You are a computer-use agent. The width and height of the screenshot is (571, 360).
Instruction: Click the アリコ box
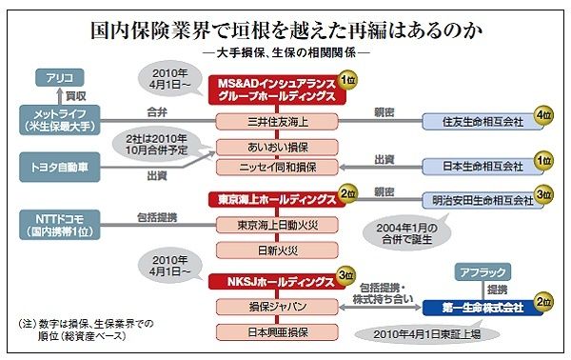(60, 77)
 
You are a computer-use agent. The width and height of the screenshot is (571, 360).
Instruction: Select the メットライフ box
(60, 120)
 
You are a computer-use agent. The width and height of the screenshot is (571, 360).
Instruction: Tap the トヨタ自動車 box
(60, 168)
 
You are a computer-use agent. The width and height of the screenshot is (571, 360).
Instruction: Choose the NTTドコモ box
(60, 225)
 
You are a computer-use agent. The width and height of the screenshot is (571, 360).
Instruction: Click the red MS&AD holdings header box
(277, 90)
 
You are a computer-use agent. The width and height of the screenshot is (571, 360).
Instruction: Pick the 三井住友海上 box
(277, 121)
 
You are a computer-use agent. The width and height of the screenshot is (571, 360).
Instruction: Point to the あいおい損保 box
(277, 148)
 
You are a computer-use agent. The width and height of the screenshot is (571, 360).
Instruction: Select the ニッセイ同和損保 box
(277, 168)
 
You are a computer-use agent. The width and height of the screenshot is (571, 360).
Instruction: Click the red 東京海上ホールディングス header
(277, 200)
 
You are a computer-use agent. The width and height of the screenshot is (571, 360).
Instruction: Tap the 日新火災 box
(277, 250)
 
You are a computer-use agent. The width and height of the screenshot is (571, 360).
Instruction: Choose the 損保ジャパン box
(277, 307)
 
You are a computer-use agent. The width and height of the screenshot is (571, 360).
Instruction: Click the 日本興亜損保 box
(277, 332)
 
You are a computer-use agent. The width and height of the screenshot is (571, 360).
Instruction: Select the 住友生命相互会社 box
(482, 121)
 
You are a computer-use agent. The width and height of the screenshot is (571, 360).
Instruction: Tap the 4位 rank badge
(543, 115)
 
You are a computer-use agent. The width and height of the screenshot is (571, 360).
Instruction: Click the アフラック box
(482, 272)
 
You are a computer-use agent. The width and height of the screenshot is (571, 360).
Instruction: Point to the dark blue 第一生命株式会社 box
(482, 308)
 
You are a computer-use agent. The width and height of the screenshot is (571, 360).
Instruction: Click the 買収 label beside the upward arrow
(76, 96)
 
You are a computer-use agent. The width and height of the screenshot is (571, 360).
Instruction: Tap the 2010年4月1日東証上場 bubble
(427, 333)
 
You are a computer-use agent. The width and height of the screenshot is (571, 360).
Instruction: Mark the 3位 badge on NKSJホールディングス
(346, 275)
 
